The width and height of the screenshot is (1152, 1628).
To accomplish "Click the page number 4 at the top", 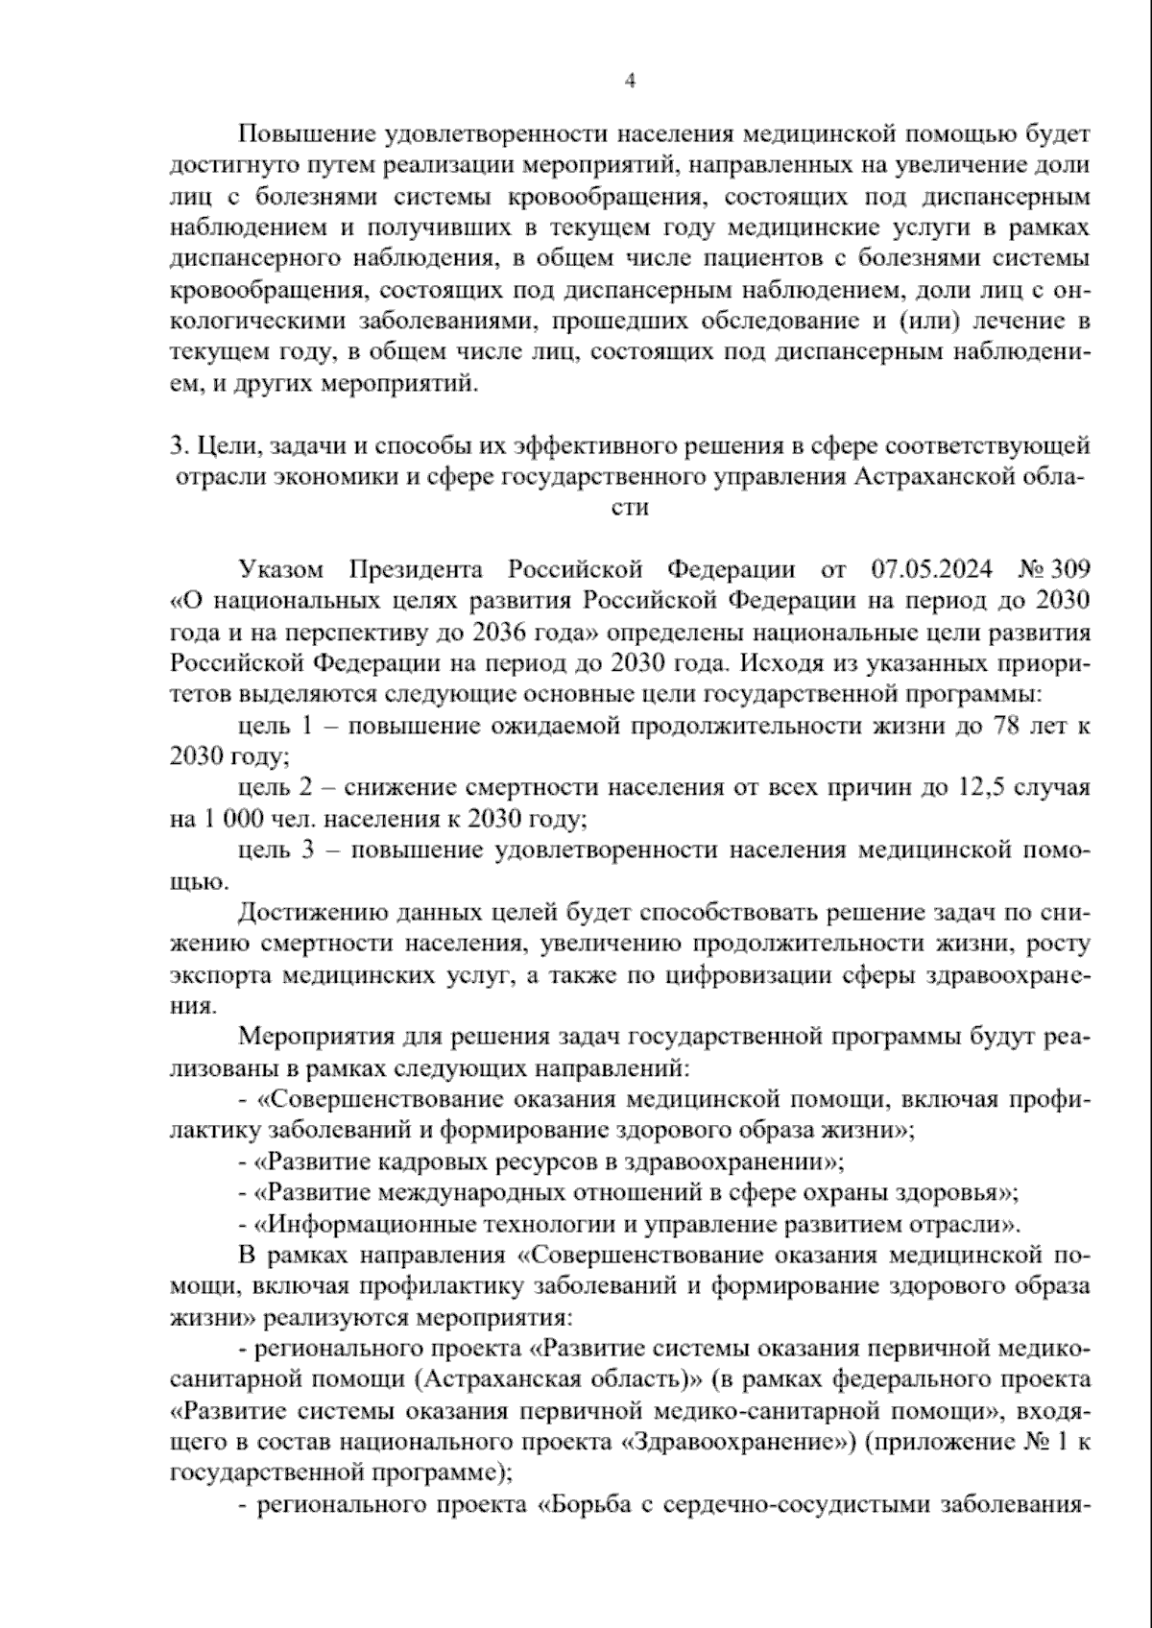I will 630,82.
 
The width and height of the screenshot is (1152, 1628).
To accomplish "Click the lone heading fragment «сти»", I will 630,508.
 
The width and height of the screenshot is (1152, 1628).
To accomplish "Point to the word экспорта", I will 219,975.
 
